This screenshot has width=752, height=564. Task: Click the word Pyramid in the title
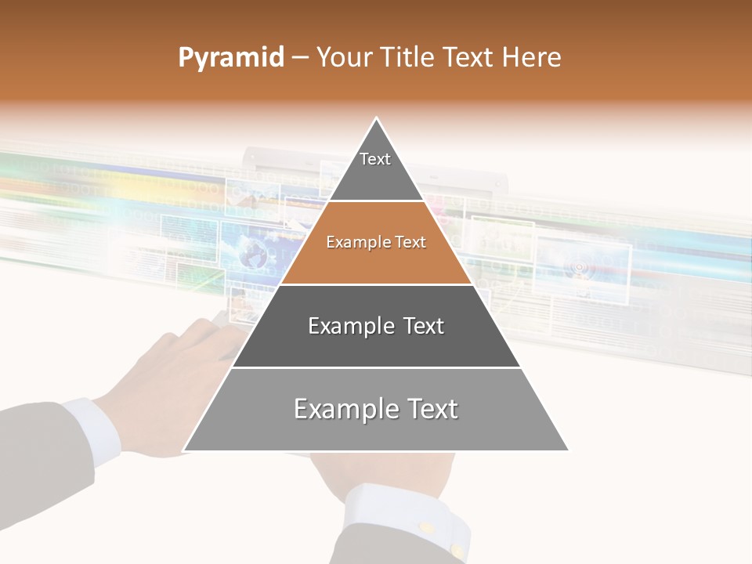[x=230, y=58]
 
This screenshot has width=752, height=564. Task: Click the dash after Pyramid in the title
[x=299, y=58]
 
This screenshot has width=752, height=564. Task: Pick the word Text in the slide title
[x=471, y=58]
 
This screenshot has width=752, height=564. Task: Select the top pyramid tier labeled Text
[x=375, y=164]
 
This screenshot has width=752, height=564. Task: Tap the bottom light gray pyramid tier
[x=376, y=415]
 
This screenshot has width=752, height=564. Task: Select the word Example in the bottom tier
[x=337, y=409]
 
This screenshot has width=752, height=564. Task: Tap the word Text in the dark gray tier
[x=421, y=326]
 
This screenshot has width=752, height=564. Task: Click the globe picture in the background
[x=252, y=253]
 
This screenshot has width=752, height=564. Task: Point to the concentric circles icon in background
[x=579, y=268]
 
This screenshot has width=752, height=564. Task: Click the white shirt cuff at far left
[x=92, y=429]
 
